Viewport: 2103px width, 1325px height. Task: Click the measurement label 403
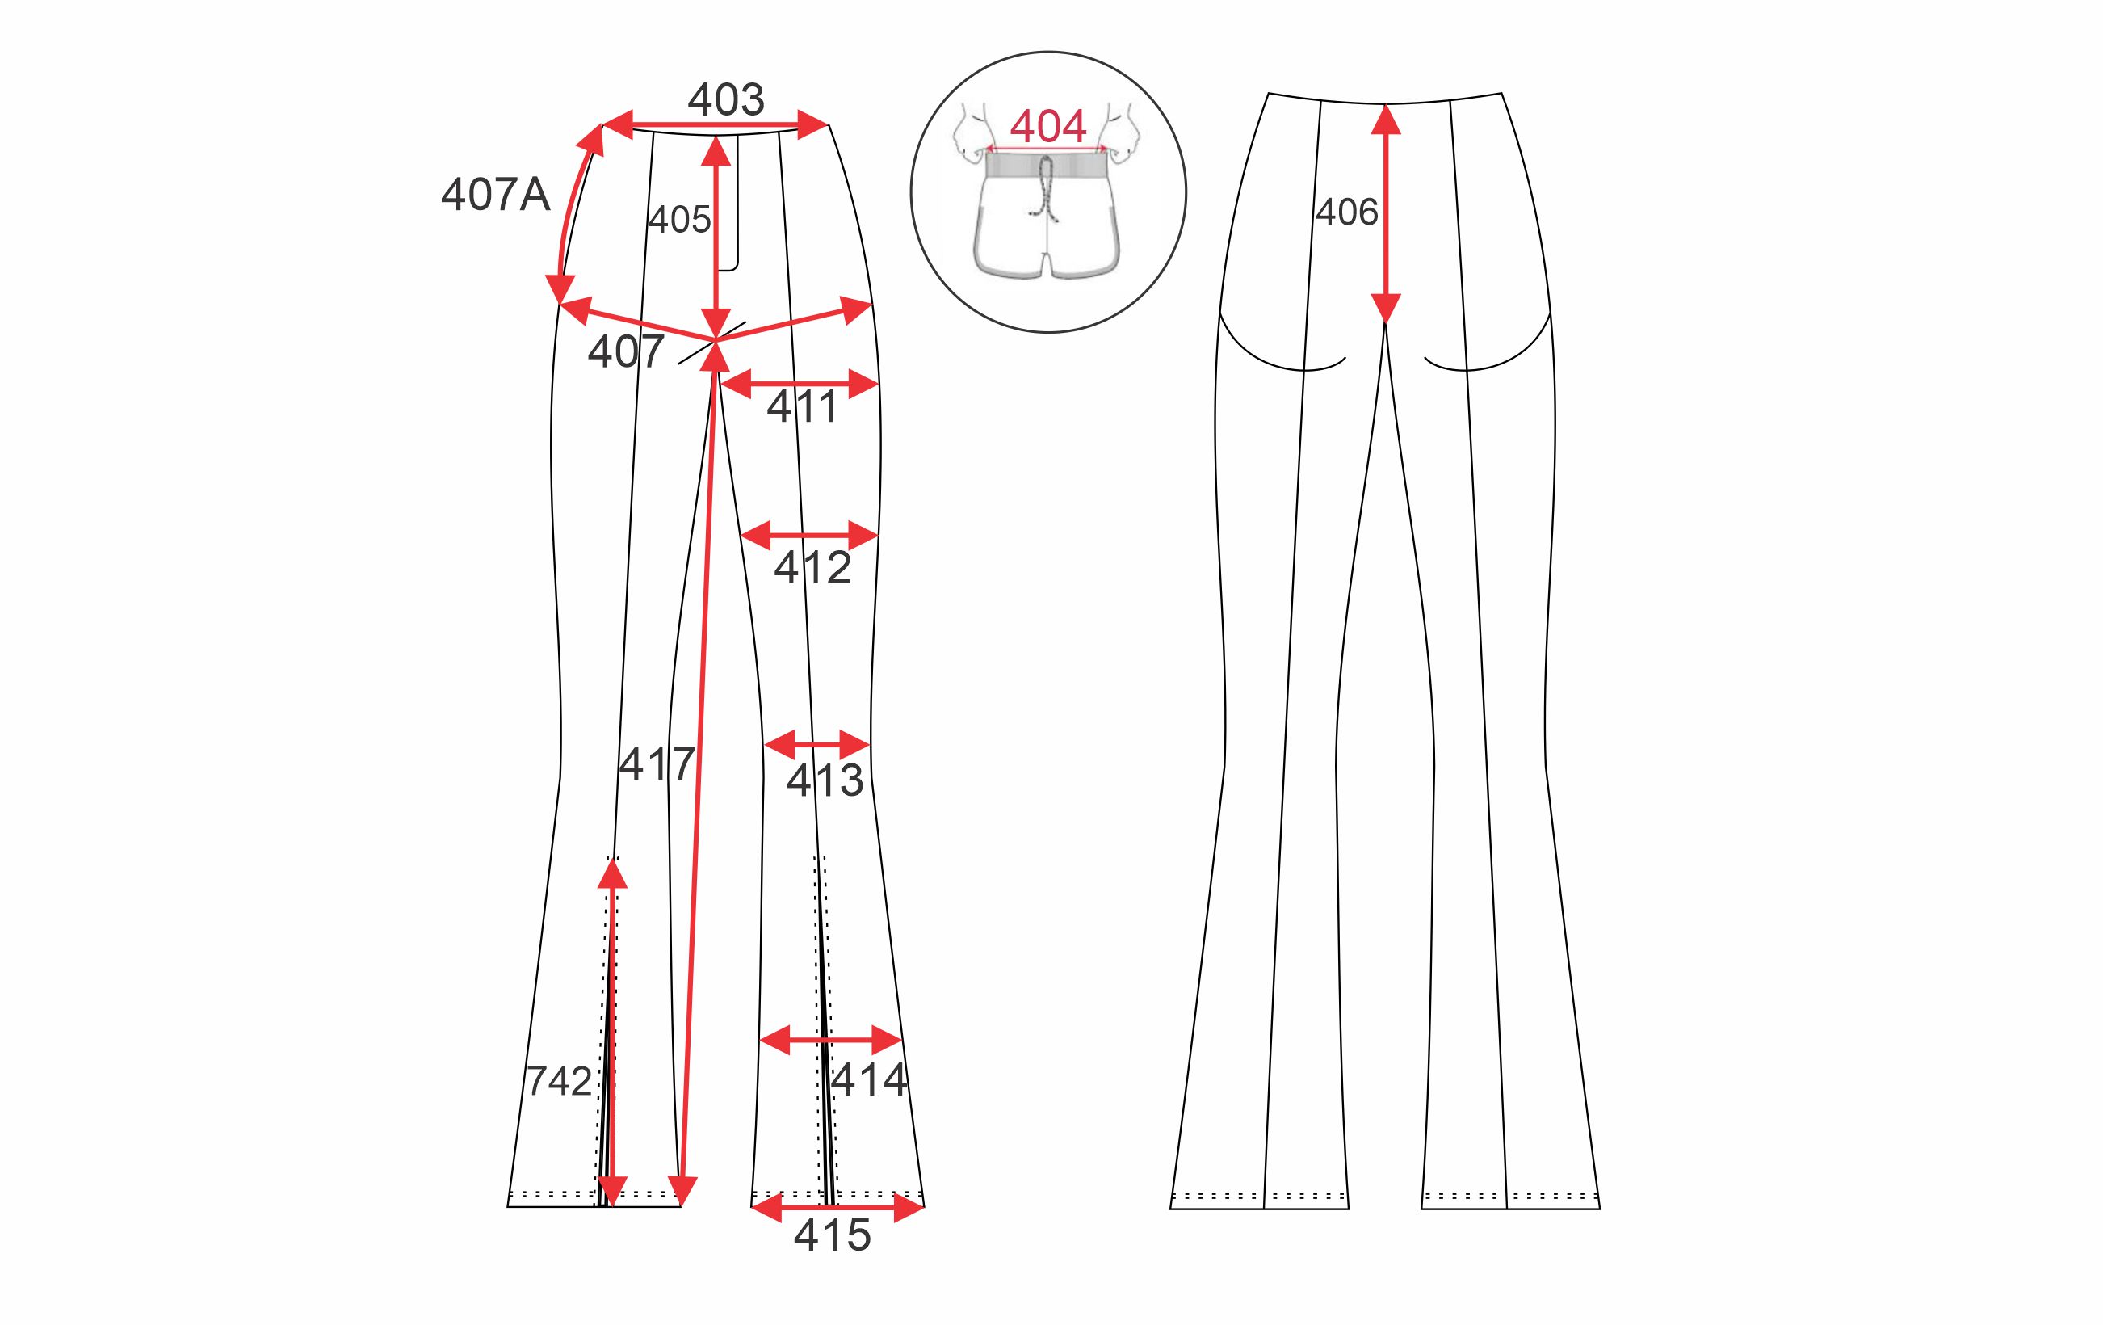[726, 99]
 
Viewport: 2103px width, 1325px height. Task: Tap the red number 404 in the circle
[1048, 127]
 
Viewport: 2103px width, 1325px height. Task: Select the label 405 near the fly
[679, 219]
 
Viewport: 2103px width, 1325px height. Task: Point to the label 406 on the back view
[1347, 212]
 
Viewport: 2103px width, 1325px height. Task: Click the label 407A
[495, 194]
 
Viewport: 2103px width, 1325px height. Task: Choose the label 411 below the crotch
[803, 407]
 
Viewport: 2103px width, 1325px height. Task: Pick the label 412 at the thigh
[812, 569]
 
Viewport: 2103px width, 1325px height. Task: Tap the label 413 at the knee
[825, 780]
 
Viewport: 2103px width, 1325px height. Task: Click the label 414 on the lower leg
[870, 1080]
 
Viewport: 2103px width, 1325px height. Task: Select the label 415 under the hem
[833, 1235]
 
